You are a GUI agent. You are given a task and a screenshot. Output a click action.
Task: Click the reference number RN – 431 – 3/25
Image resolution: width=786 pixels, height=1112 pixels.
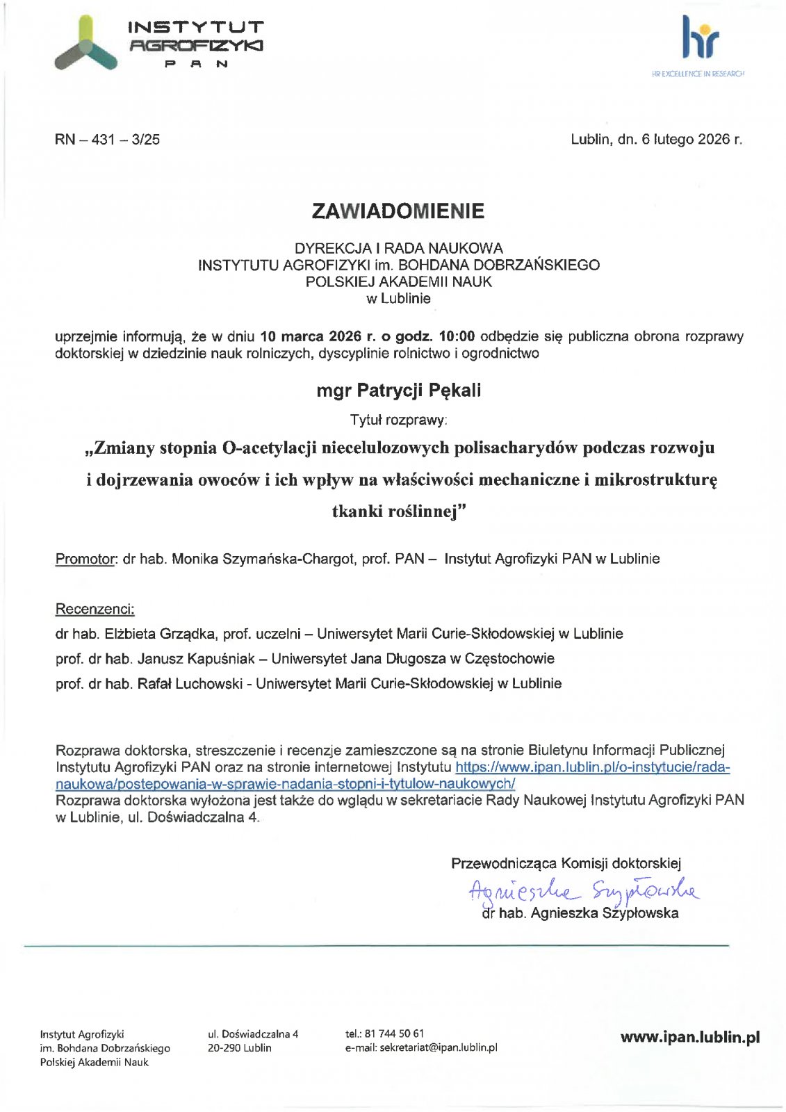click(x=107, y=139)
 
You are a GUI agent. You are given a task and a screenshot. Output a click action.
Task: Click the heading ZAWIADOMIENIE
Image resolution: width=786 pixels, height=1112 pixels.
click(x=398, y=211)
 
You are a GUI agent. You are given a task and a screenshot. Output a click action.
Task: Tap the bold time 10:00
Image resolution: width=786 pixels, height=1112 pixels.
click(x=457, y=336)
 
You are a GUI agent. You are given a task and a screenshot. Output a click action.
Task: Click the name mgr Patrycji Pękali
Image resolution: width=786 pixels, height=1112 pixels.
click(x=398, y=391)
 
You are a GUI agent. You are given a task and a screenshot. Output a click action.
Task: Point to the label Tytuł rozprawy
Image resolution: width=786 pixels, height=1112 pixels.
click(x=398, y=420)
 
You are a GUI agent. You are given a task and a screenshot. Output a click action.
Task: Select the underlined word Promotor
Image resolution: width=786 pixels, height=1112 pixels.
click(x=85, y=559)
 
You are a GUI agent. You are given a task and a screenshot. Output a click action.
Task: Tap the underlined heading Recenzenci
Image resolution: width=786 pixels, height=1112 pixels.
click(x=95, y=610)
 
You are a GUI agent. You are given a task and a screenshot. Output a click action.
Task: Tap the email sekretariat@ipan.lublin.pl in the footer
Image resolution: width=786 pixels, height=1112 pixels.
click(x=438, y=1047)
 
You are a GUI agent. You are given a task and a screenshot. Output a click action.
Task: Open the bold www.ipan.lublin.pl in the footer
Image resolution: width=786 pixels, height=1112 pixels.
click(x=689, y=1037)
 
